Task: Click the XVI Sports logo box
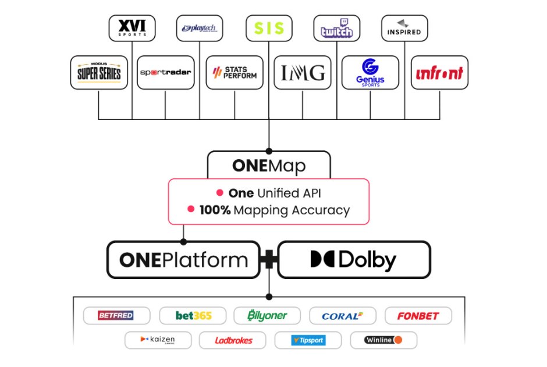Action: coord(132,28)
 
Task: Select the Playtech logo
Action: coord(200,28)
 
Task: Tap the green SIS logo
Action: coord(269,28)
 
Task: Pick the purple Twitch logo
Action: coord(336,28)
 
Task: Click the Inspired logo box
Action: coord(404,28)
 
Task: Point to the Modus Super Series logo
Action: coord(99,73)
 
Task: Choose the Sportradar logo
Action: coord(165,73)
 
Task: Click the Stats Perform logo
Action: coord(235,73)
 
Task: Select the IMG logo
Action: coord(303,73)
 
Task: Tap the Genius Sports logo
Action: coord(370,73)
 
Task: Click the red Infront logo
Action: coord(439,73)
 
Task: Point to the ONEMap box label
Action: coord(269,165)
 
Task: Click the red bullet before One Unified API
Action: coord(220,193)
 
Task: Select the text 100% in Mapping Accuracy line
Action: coord(215,210)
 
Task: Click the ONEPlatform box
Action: coord(183,260)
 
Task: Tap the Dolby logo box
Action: coord(354,260)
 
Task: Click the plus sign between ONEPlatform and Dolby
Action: coord(269,260)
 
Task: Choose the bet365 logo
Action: coord(193,316)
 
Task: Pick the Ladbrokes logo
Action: coord(233,340)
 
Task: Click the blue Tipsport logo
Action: coord(308,340)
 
